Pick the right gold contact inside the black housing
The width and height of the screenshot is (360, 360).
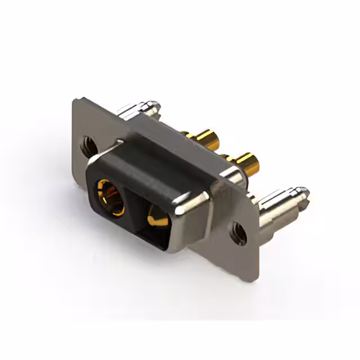[157, 216]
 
